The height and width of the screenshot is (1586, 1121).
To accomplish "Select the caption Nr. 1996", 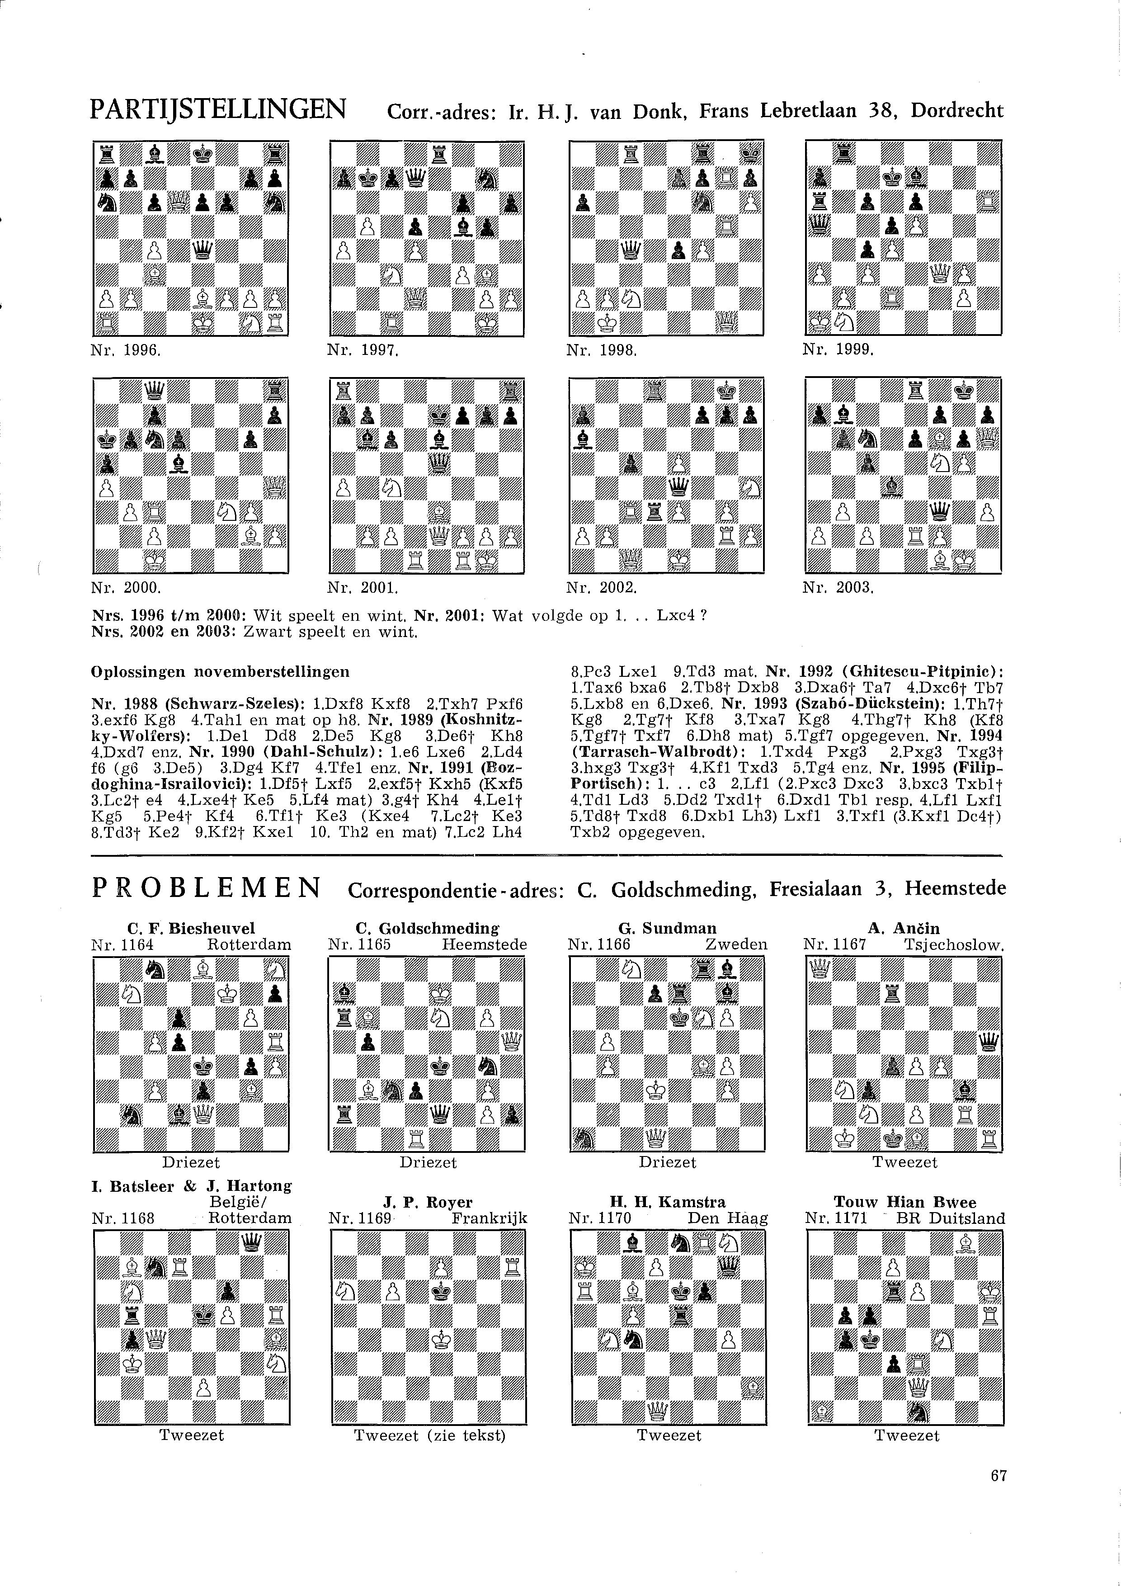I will click(x=125, y=350).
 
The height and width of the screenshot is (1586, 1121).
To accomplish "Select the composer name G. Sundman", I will click(x=667, y=928).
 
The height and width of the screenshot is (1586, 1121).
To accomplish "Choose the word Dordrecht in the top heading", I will click(x=957, y=110).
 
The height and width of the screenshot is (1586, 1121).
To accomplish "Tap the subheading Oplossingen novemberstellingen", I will click(x=220, y=671).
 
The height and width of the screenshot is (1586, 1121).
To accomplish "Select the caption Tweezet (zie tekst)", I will click(x=429, y=1435).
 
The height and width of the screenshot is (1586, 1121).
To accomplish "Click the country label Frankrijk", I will click(x=489, y=1218).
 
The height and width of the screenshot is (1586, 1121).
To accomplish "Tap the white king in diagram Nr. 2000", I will click(x=153, y=561).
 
